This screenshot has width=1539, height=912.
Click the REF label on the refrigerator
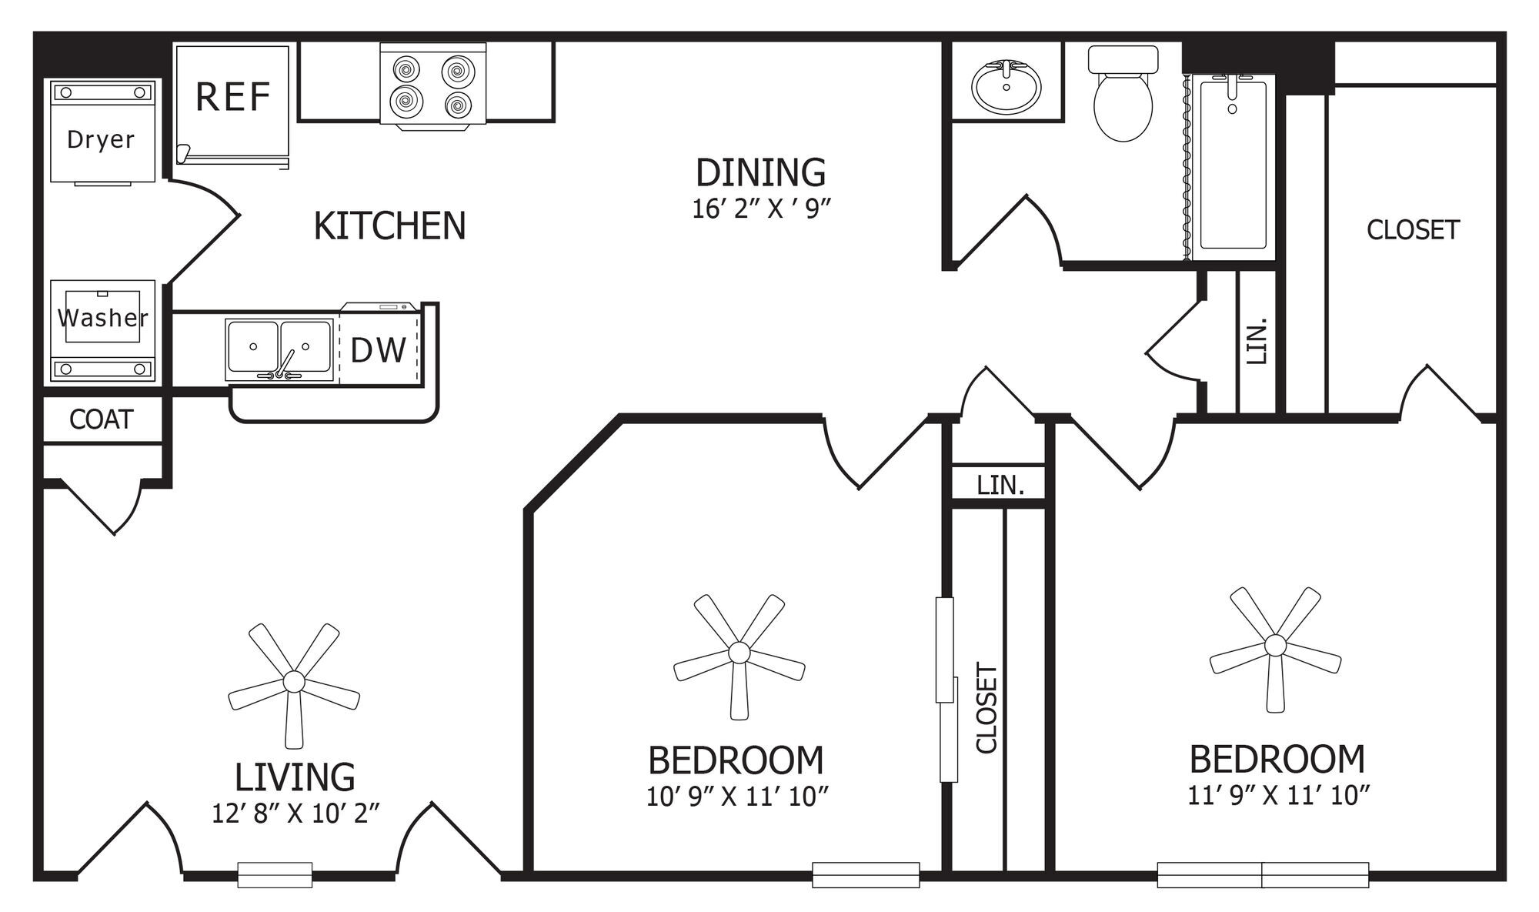(x=232, y=98)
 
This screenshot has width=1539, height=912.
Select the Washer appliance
(x=102, y=331)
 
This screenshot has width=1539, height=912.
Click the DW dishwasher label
(x=378, y=351)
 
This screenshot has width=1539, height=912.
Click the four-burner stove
(x=432, y=85)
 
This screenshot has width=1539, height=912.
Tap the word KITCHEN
(x=389, y=226)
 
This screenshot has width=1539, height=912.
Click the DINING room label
(x=760, y=172)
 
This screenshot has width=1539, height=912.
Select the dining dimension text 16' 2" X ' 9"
(x=762, y=209)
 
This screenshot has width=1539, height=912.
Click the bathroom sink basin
(x=1006, y=86)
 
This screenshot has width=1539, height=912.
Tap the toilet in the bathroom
(x=1123, y=93)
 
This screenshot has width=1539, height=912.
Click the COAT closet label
(x=102, y=419)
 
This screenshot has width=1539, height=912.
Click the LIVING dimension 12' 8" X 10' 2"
(x=296, y=813)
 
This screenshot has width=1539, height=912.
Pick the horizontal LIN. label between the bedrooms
(x=1000, y=485)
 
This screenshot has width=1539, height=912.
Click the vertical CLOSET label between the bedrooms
(x=986, y=708)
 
